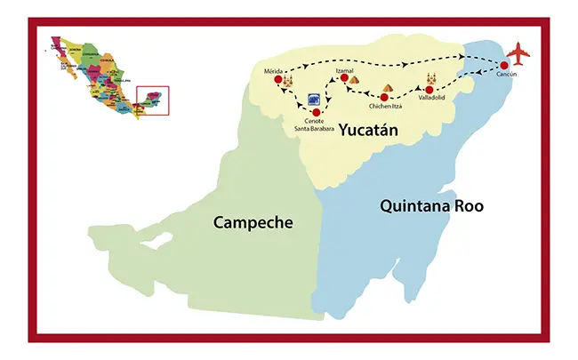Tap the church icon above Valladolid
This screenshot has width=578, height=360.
tap(433, 78)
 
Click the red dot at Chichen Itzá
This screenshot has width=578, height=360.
tap(385, 98)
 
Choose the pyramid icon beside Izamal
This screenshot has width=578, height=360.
tap(354, 80)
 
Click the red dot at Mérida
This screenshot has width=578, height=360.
tap(278, 80)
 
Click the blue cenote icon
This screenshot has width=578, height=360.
tap(313, 100)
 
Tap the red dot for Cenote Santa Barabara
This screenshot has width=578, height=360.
tap(317, 112)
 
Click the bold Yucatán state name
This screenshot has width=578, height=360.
tap(367, 132)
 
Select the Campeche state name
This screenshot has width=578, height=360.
tap(253, 222)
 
